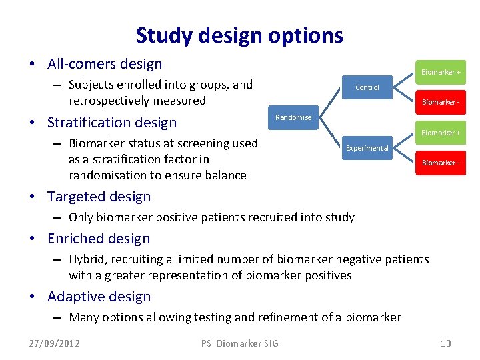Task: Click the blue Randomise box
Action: pyautogui.click(x=293, y=117)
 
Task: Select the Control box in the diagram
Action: pyautogui.click(x=367, y=87)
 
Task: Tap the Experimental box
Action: pyautogui.click(x=367, y=148)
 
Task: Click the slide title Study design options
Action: pyautogui.click(x=239, y=35)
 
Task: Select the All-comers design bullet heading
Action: pyautogui.click(x=105, y=64)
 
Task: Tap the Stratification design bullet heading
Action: pyautogui.click(x=112, y=122)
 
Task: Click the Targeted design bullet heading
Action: pyautogui.click(x=99, y=197)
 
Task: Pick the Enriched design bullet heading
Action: pyautogui.click(x=99, y=239)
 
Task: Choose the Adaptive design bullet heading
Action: pyautogui.click(x=99, y=297)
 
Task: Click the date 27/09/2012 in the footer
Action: pyautogui.click(x=55, y=343)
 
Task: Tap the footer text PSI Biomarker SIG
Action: pyautogui.click(x=240, y=343)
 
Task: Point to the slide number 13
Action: pyautogui.click(x=445, y=343)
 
